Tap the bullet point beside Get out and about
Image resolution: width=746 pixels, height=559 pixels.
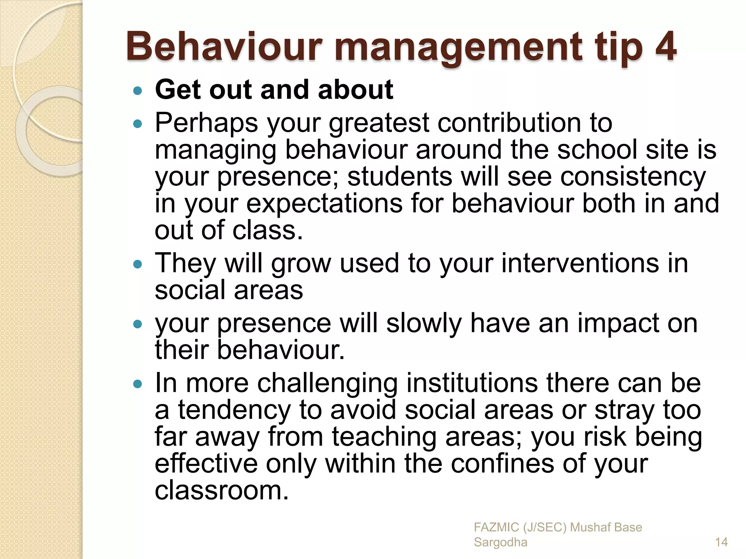(x=137, y=91)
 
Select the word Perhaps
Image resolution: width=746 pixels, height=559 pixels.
(x=207, y=123)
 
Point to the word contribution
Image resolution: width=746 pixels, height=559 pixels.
(x=524, y=123)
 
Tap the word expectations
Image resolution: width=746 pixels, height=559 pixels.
(x=325, y=204)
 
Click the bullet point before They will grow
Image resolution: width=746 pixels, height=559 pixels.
(x=137, y=264)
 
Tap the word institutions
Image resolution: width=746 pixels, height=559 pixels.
(x=472, y=383)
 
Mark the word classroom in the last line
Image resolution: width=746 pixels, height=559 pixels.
(x=221, y=491)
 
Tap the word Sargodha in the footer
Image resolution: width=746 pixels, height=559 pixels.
(x=500, y=543)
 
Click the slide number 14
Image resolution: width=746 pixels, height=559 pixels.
(x=721, y=543)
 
